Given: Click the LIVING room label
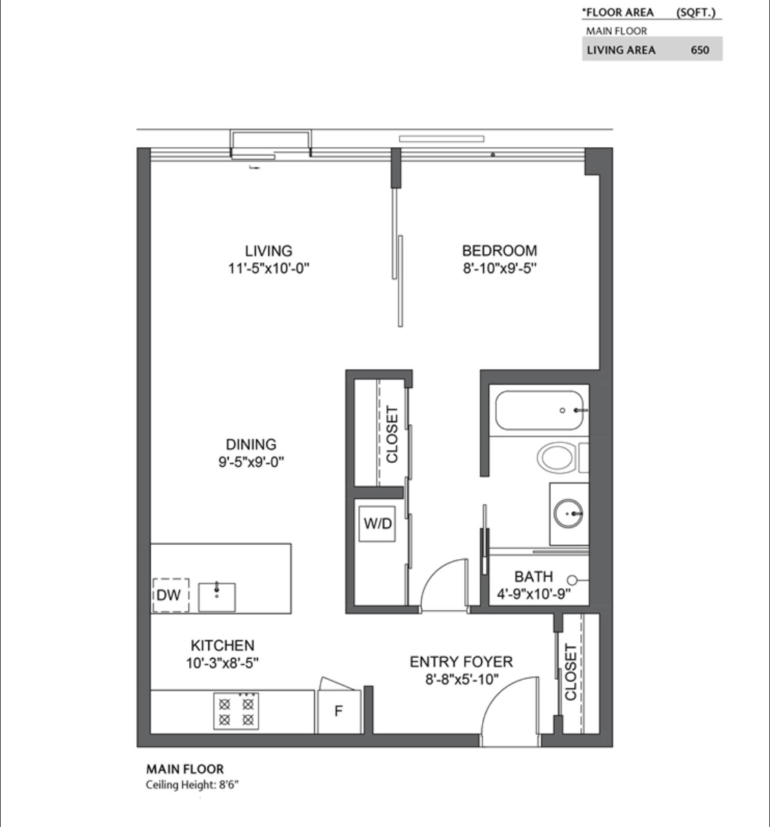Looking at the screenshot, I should [268, 251].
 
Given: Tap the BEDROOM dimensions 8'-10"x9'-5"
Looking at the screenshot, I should [499, 269].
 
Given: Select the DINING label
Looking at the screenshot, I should [251, 445].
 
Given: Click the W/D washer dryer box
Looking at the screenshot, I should [378, 524].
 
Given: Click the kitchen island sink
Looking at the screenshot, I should [216, 597].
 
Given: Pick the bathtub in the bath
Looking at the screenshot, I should [540, 411].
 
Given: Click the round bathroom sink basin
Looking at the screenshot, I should [569, 513].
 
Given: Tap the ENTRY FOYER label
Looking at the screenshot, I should [461, 662].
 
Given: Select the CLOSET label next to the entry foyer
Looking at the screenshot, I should [571, 672].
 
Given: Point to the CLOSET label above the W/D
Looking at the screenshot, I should [392, 434].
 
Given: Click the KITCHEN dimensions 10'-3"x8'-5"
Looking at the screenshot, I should [222, 663].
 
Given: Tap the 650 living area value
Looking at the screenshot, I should [699, 50].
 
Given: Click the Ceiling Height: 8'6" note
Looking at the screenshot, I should [192, 785].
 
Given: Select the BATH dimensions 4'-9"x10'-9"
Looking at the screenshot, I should [534, 593].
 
